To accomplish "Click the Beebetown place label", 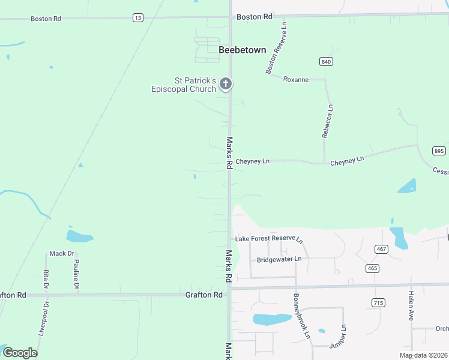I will [x=242, y=50].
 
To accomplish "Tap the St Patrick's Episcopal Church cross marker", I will [x=226, y=84].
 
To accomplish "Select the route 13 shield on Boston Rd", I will [x=138, y=18].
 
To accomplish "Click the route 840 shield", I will [x=326, y=62].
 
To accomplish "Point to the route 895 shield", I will [x=439, y=151].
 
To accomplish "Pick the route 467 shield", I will [x=381, y=248].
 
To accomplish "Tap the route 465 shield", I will [x=372, y=268].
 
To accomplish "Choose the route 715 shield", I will [x=378, y=302].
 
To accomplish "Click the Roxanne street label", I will [x=295, y=79].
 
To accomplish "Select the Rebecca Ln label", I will [x=327, y=121].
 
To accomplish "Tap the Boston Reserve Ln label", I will [x=277, y=48].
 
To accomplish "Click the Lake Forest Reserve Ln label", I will [x=269, y=239].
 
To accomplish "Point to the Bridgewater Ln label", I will [x=279, y=260].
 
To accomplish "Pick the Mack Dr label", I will [x=61, y=254].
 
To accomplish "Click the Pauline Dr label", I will [x=76, y=273].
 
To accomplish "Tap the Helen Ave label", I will [x=411, y=305].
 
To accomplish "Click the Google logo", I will [x=20, y=352].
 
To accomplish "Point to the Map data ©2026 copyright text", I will [x=423, y=355].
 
